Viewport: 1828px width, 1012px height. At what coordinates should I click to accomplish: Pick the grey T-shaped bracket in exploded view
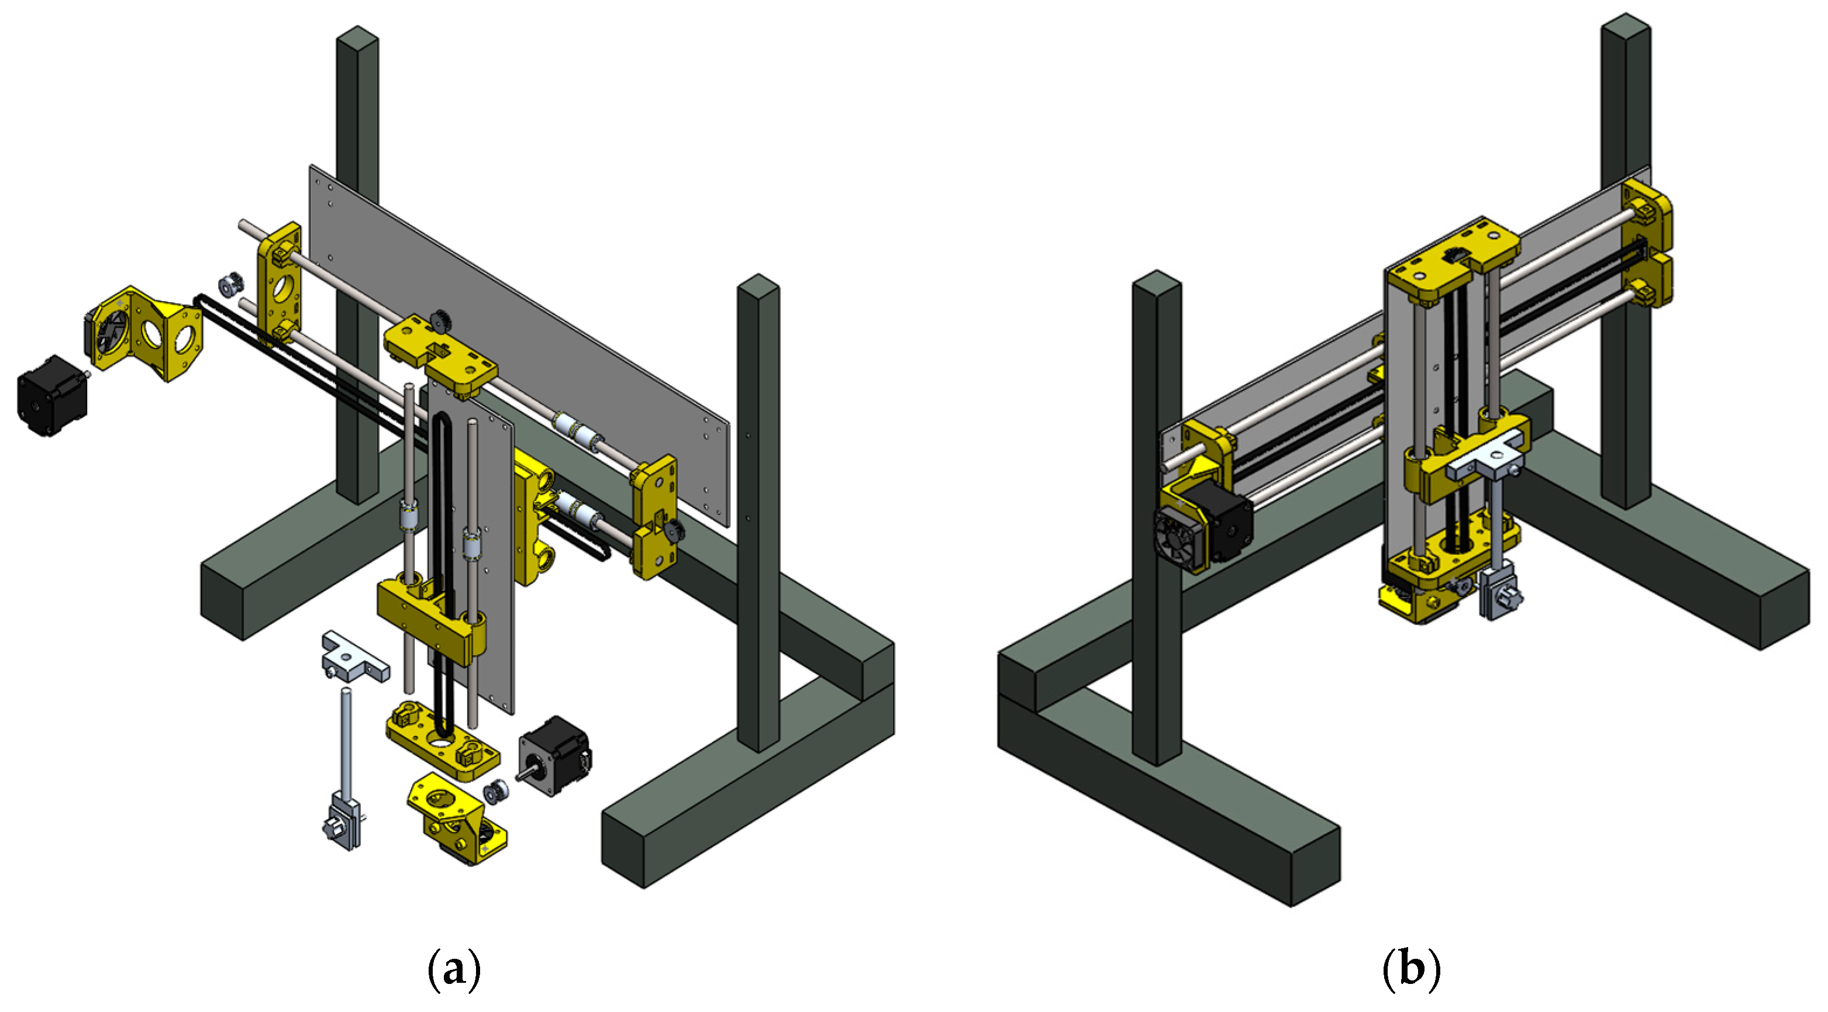coord(355,657)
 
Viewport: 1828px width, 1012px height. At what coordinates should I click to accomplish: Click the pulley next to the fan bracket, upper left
coord(230,285)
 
